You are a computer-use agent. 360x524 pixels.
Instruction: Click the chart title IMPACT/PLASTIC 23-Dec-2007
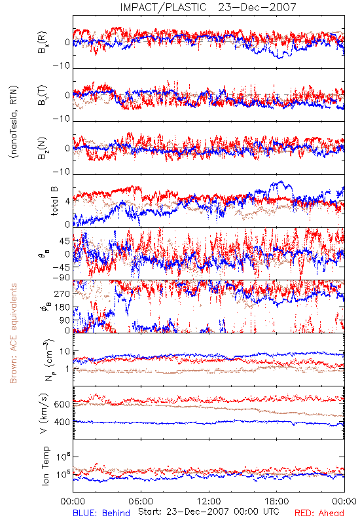pos(208,7)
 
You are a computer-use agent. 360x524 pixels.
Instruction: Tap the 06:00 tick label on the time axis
pos(141,501)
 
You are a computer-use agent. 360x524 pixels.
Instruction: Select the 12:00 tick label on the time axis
pos(209,501)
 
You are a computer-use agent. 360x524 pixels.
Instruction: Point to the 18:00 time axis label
pos(277,501)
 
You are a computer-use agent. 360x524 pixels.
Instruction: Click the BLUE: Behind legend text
pos(101,513)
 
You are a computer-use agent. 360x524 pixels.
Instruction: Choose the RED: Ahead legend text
pos(319,513)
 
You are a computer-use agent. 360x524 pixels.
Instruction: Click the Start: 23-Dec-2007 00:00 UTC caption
pos(209,512)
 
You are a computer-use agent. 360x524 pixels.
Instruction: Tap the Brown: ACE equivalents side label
pos(13,333)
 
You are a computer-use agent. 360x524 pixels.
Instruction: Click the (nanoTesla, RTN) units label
pos(14,122)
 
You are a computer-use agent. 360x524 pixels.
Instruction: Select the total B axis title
pos(54,201)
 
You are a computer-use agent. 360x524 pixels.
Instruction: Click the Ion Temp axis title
pos(45,466)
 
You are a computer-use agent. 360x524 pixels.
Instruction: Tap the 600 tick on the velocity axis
pos(62,404)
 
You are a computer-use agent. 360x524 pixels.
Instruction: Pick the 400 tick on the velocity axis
pos(62,422)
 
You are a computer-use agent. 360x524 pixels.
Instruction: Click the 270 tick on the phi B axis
pos(63,294)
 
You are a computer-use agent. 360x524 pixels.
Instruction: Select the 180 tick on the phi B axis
pos(63,307)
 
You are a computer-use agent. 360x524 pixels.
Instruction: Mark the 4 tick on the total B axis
pos(68,202)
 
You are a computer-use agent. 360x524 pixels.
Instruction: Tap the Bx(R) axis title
pos(43,43)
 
